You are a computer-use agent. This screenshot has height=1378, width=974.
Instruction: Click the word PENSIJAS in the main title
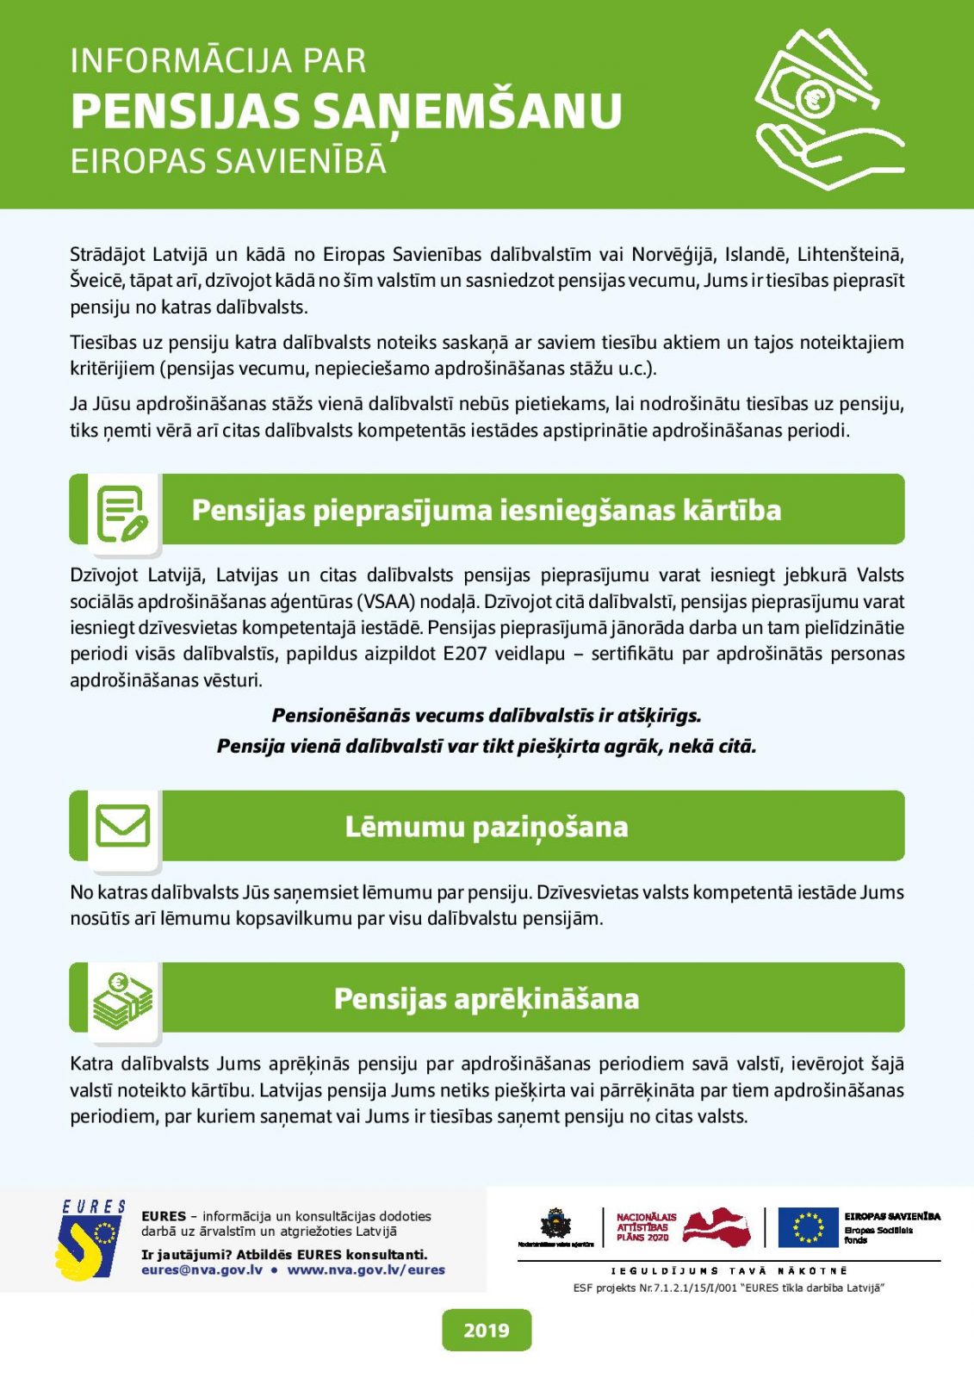coord(185,112)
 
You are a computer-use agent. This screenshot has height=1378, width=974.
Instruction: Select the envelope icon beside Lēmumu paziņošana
coord(122,826)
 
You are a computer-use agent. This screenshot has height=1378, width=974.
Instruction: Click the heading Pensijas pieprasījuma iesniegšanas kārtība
coord(487,510)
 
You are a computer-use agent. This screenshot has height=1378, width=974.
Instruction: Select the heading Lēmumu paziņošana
coord(487,827)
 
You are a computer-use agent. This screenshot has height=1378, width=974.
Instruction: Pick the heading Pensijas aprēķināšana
coord(487,999)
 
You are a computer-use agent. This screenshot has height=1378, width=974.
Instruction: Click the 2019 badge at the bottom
coord(487,1331)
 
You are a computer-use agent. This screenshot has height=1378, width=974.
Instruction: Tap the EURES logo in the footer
coord(90,1240)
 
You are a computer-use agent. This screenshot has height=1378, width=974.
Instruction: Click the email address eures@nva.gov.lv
coord(202,1269)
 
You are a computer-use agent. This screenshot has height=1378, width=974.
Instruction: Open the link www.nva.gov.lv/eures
coord(366,1269)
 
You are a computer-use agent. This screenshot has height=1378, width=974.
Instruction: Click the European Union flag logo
coord(808,1227)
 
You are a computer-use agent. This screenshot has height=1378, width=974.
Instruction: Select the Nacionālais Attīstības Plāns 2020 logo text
coord(646,1226)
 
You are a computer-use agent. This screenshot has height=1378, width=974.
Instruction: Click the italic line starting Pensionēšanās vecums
coord(487,716)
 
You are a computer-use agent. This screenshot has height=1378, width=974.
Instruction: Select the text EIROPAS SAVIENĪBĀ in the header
coord(228,162)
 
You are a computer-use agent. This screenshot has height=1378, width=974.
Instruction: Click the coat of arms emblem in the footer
coord(555,1223)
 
